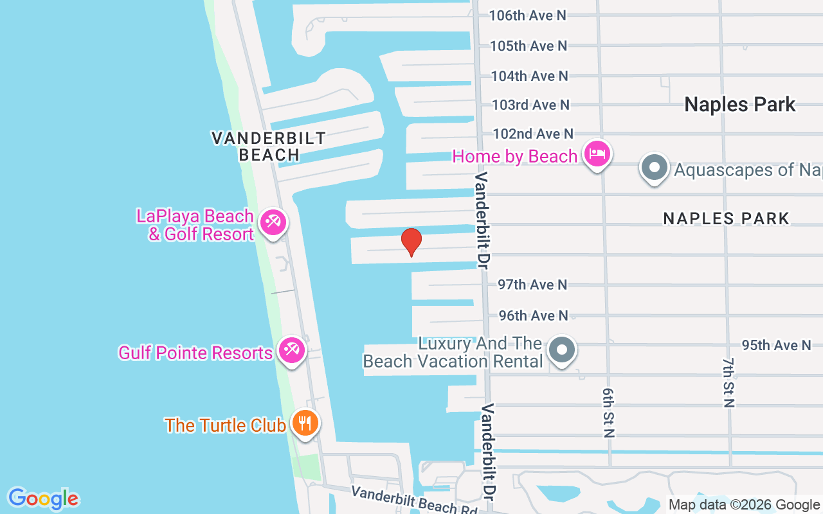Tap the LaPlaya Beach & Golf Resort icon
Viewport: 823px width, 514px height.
coord(273,223)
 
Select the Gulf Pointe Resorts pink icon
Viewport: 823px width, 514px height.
coord(292,350)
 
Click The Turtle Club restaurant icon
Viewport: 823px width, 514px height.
coord(305,423)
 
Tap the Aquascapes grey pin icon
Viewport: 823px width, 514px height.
coord(655,167)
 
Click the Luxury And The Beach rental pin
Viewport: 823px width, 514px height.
coord(563,350)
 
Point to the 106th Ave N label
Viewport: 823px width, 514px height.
coord(527,15)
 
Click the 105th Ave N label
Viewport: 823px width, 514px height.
coord(529,46)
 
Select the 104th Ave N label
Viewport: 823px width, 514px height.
coord(529,76)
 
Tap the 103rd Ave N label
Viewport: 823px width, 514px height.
coord(530,104)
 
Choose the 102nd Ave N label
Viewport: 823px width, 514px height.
coord(532,134)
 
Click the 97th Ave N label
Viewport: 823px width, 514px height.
coord(533,284)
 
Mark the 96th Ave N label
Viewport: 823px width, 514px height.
coord(534,315)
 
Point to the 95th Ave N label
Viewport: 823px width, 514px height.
coord(776,345)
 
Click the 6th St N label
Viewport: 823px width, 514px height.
coord(608,412)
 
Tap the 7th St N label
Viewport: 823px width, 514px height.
coord(728,383)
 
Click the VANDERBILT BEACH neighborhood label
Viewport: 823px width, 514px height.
coord(269,146)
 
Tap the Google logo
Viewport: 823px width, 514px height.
coord(43,499)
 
